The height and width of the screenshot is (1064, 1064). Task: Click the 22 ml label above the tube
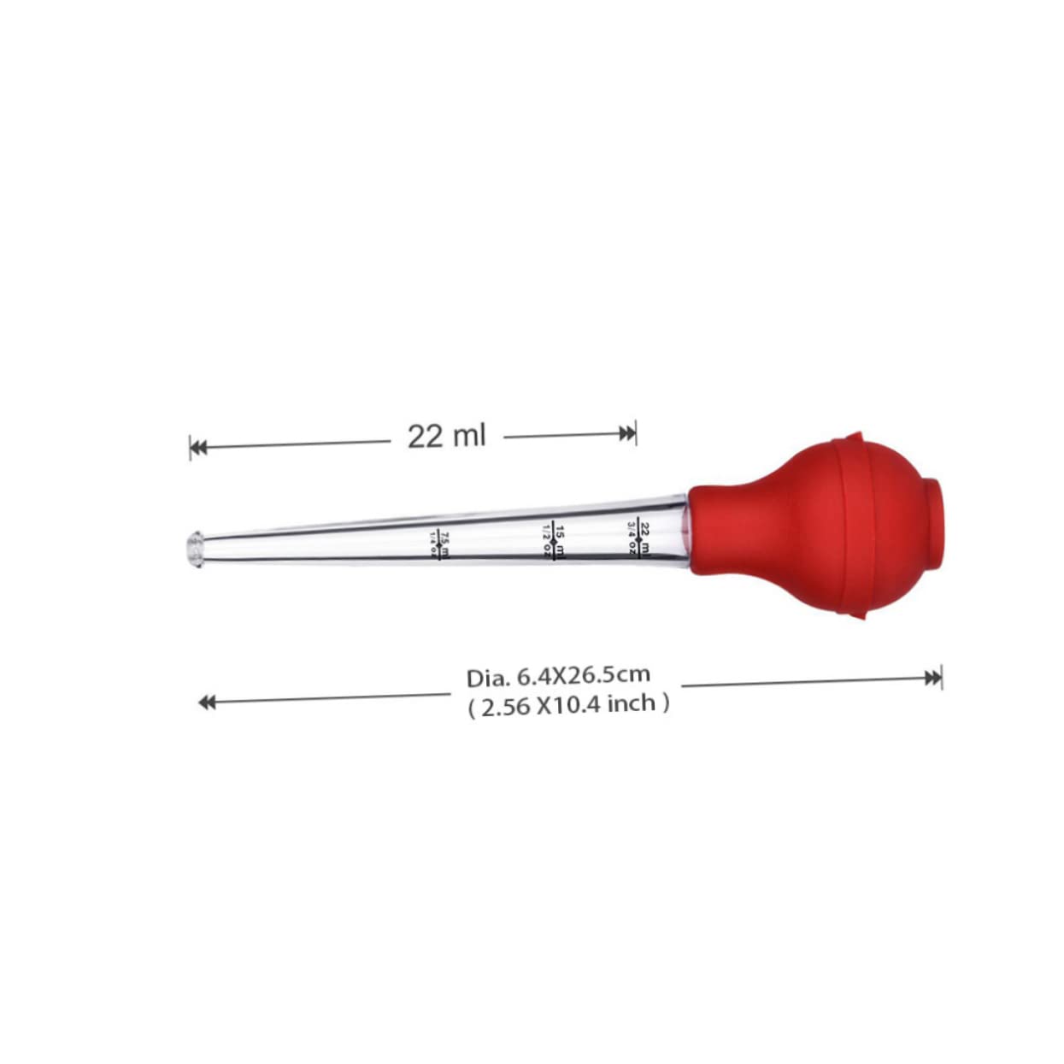pos(446,436)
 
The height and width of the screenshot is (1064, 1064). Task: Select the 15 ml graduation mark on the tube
pos(554,540)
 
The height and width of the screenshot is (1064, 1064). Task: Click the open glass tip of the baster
pos(196,550)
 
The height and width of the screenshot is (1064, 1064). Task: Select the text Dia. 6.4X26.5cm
pos(558,676)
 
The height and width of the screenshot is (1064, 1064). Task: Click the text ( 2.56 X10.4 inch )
pos(568,705)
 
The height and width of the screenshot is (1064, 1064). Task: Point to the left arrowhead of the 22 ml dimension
pos(198,447)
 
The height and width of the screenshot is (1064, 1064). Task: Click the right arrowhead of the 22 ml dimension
pos(628,433)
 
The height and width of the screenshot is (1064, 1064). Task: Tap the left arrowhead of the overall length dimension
pos(207,702)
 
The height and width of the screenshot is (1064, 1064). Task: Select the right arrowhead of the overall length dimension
pos(932,679)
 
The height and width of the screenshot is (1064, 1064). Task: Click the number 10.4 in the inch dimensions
pos(579,705)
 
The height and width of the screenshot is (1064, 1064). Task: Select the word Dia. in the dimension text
pos(487,679)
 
